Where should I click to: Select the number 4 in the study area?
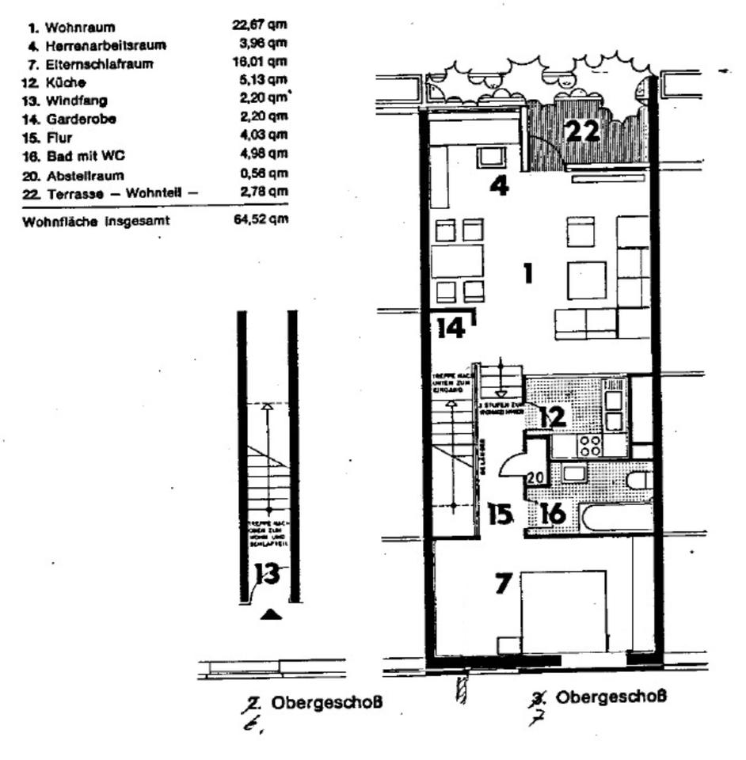pos(499,186)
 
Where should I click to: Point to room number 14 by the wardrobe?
pos(451,327)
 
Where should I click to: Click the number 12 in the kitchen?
pos(553,416)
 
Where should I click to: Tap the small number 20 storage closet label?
pos(535,477)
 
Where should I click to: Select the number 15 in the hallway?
pos(500,515)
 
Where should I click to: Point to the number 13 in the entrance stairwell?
pos(268,574)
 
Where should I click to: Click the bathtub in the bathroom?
pos(617,518)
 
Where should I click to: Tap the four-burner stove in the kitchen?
pos(589,446)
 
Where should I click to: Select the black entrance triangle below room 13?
pos(271,614)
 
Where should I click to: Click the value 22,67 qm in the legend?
pos(255,27)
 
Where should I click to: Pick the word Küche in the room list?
pos(70,83)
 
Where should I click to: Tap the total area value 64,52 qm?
pos(255,220)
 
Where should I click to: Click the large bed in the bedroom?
pos(563,611)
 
